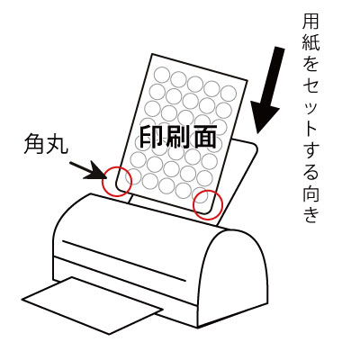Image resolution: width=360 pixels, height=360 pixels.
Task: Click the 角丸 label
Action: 46,144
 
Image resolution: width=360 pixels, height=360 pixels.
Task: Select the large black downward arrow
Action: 267,89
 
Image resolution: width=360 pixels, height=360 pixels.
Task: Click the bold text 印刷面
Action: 178,137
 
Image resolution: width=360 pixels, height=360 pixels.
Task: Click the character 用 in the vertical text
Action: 310,22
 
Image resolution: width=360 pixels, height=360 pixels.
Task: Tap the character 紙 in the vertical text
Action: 310,42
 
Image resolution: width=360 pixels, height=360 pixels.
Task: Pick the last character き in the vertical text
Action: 310,213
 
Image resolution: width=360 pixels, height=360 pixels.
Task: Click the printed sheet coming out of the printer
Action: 92,305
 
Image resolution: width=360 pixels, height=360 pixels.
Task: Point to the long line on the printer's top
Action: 124,261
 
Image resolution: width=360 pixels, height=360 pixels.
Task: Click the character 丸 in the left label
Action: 57,144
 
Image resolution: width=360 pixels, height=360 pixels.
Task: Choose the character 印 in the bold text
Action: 150,137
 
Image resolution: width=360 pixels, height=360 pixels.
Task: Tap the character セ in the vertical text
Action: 310,86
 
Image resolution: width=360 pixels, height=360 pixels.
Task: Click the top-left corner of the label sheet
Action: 153,54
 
